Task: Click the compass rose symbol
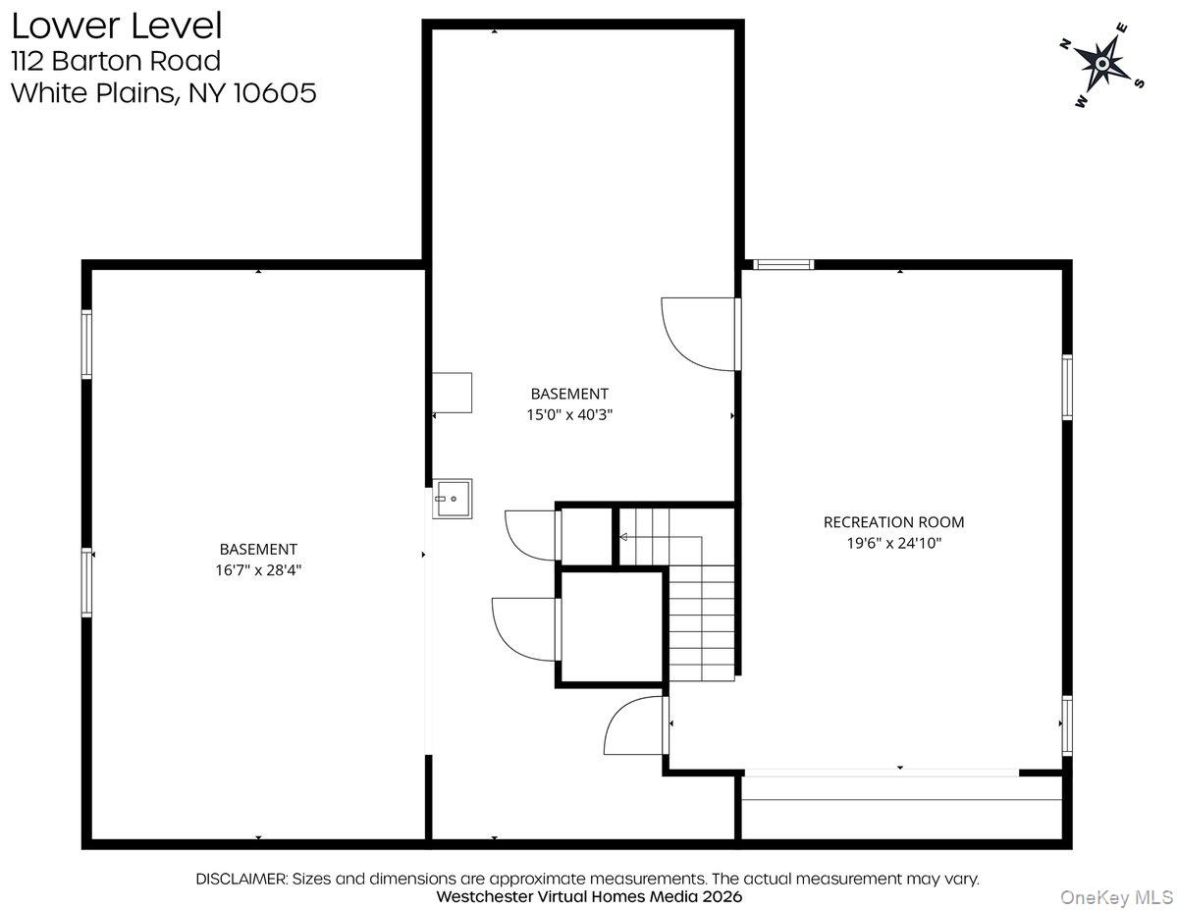(x=1101, y=65)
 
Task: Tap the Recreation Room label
(x=893, y=522)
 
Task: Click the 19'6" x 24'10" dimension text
(x=893, y=542)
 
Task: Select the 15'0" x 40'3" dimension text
(x=569, y=414)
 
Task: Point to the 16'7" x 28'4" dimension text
(x=258, y=569)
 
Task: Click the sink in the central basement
(x=453, y=499)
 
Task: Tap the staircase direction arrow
(x=624, y=537)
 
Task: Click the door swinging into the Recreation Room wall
(x=699, y=334)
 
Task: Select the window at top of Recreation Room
(x=783, y=264)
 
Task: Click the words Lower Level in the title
(x=116, y=25)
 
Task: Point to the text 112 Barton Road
(x=116, y=61)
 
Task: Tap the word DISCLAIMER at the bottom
(x=241, y=879)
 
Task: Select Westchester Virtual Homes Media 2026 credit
(x=589, y=896)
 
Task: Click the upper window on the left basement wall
(x=86, y=344)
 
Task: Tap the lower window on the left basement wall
(x=86, y=581)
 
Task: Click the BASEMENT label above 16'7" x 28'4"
(x=258, y=550)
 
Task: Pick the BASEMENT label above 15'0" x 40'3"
(x=569, y=394)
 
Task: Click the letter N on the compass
(x=1064, y=43)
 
